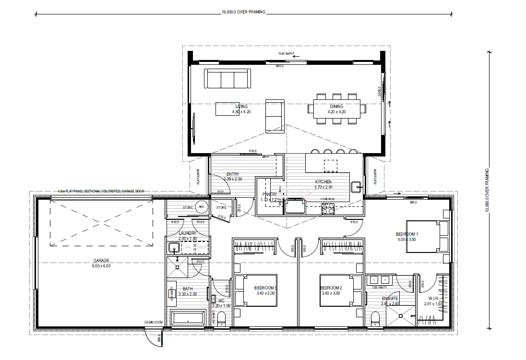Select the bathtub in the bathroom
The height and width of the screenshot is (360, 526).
click(188, 319)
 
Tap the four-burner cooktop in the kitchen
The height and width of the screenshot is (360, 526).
click(328, 208)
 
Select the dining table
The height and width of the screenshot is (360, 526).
click(336, 108)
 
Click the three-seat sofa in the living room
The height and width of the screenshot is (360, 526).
click(228, 78)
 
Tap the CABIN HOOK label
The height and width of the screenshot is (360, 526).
click(154, 322)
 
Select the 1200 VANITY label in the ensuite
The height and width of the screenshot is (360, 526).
click(380, 288)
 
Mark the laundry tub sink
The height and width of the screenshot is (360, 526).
click(174, 248)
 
